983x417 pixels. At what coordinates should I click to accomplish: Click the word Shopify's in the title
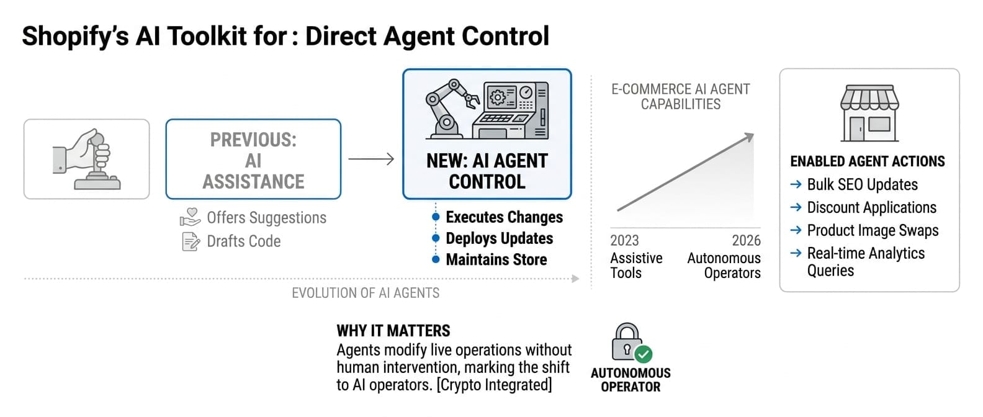point(75,36)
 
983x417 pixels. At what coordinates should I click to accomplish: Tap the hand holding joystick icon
point(86,159)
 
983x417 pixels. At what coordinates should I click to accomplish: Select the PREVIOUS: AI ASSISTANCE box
point(253,159)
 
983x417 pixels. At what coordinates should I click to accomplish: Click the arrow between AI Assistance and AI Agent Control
point(371,159)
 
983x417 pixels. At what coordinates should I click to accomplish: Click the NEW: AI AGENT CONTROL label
point(487,171)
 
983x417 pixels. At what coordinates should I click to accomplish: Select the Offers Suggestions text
point(266,218)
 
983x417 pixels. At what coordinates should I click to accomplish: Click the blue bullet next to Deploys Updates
point(436,238)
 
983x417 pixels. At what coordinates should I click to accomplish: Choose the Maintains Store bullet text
point(496,259)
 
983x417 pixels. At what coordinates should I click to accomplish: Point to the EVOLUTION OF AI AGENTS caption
point(366,293)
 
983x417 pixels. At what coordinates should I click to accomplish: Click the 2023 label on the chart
point(624,241)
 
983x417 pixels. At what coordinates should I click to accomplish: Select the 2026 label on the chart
point(746,241)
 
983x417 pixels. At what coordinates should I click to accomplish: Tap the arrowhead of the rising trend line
point(750,137)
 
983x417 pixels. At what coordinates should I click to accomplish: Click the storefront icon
point(869,114)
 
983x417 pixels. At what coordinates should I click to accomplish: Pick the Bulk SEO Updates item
point(862,184)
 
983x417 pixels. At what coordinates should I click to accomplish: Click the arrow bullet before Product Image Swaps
point(796,230)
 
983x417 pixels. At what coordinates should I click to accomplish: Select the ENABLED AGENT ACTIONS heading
point(867,161)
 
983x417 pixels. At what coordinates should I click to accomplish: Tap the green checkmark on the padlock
point(644,354)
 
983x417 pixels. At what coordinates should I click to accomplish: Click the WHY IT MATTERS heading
point(393,331)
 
